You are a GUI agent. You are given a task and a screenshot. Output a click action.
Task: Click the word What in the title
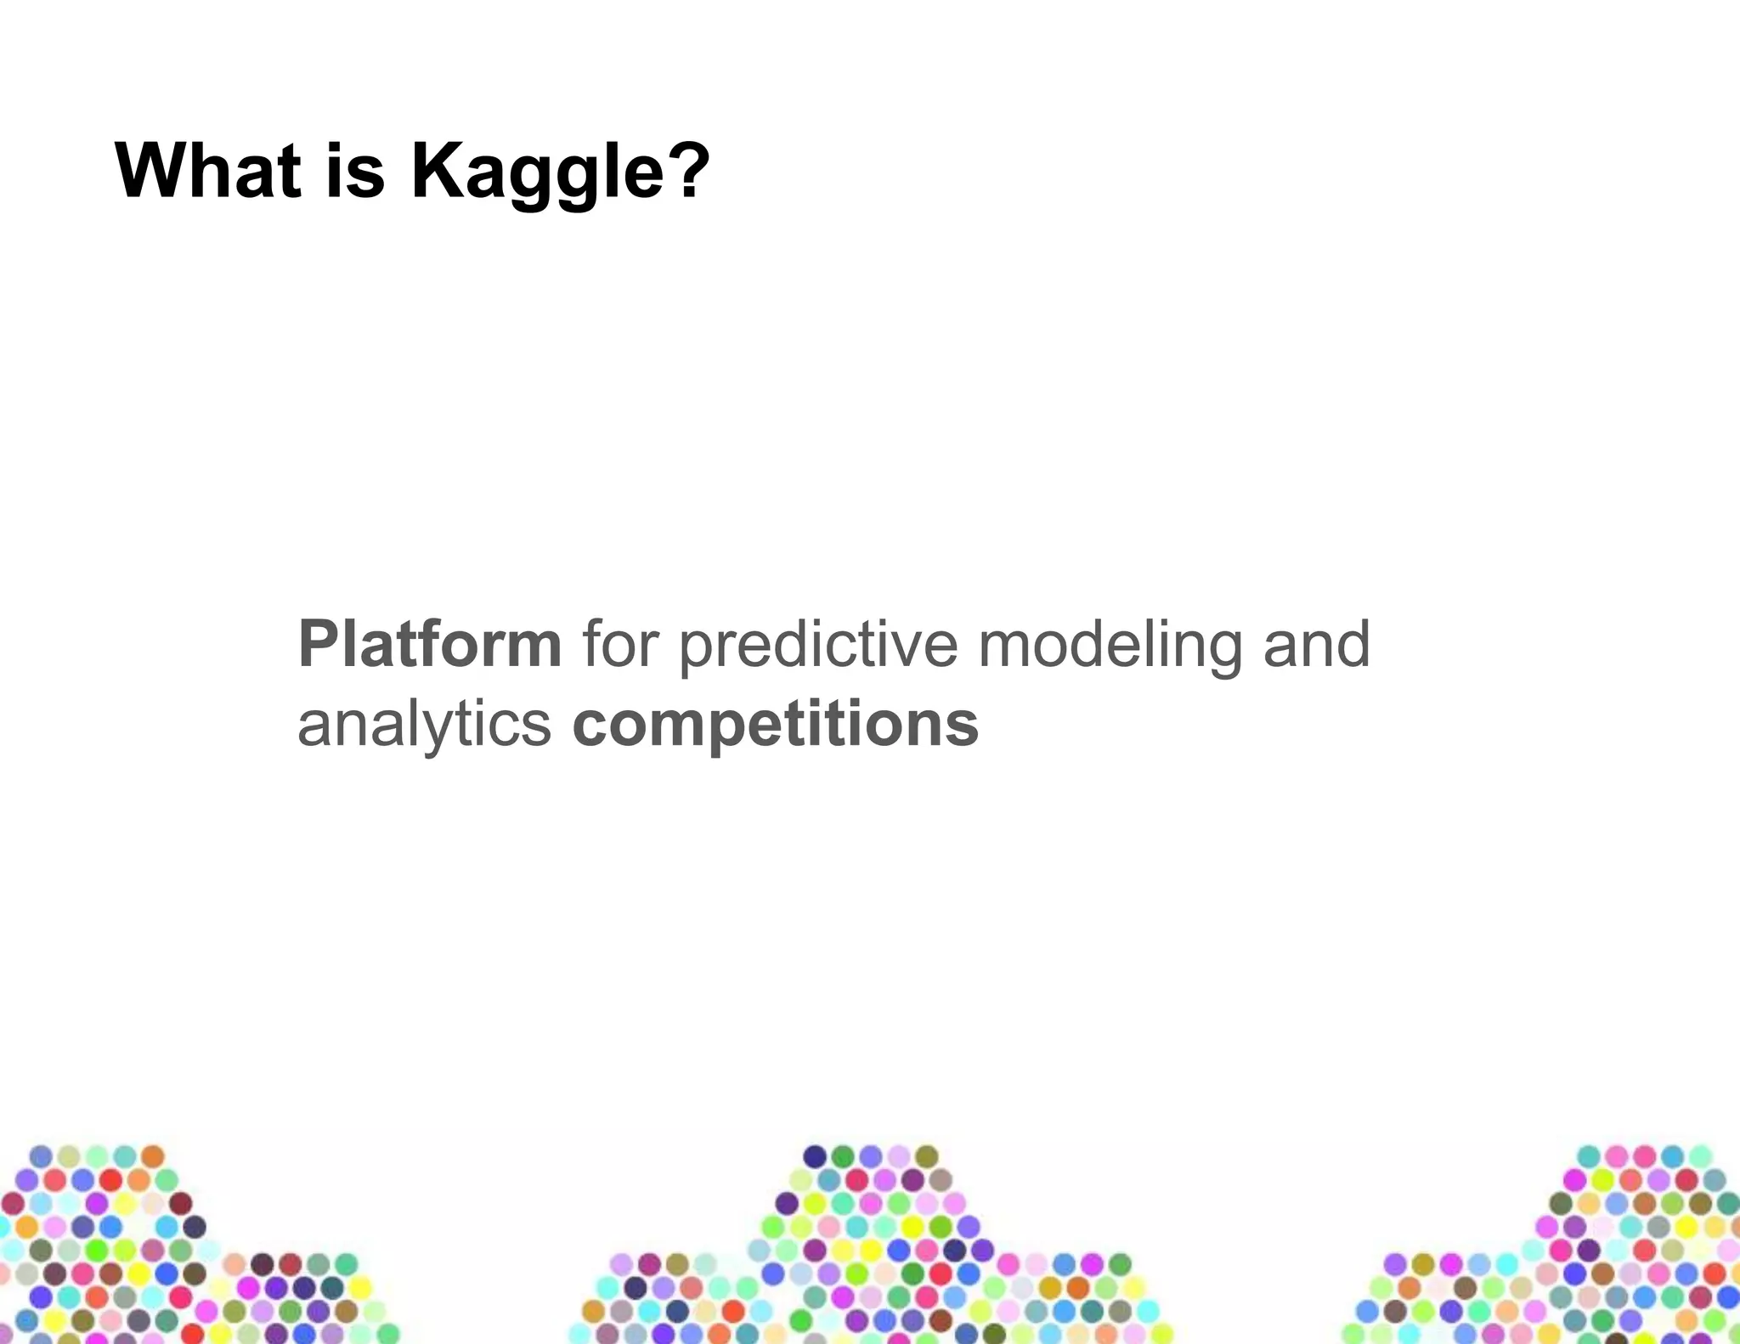click(x=208, y=172)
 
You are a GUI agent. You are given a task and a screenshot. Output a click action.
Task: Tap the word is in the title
click(x=355, y=172)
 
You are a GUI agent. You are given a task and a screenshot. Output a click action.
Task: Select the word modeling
click(x=1110, y=646)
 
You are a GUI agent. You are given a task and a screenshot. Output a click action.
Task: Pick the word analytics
click(x=424, y=725)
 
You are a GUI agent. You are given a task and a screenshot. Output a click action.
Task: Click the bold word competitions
click(x=775, y=725)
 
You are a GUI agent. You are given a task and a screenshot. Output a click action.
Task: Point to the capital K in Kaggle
click(x=438, y=172)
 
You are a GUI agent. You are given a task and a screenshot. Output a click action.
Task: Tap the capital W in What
click(x=153, y=172)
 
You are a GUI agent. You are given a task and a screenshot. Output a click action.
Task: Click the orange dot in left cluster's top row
click(x=152, y=1156)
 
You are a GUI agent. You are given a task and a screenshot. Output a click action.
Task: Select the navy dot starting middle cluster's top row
click(x=815, y=1156)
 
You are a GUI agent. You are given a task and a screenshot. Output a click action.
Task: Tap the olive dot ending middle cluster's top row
click(x=926, y=1156)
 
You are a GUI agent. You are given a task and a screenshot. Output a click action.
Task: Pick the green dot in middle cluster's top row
click(x=843, y=1156)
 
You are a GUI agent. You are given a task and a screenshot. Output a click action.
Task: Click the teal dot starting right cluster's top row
click(x=1588, y=1156)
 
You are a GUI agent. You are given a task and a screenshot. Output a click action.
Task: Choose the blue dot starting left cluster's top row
click(x=41, y=1156)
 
